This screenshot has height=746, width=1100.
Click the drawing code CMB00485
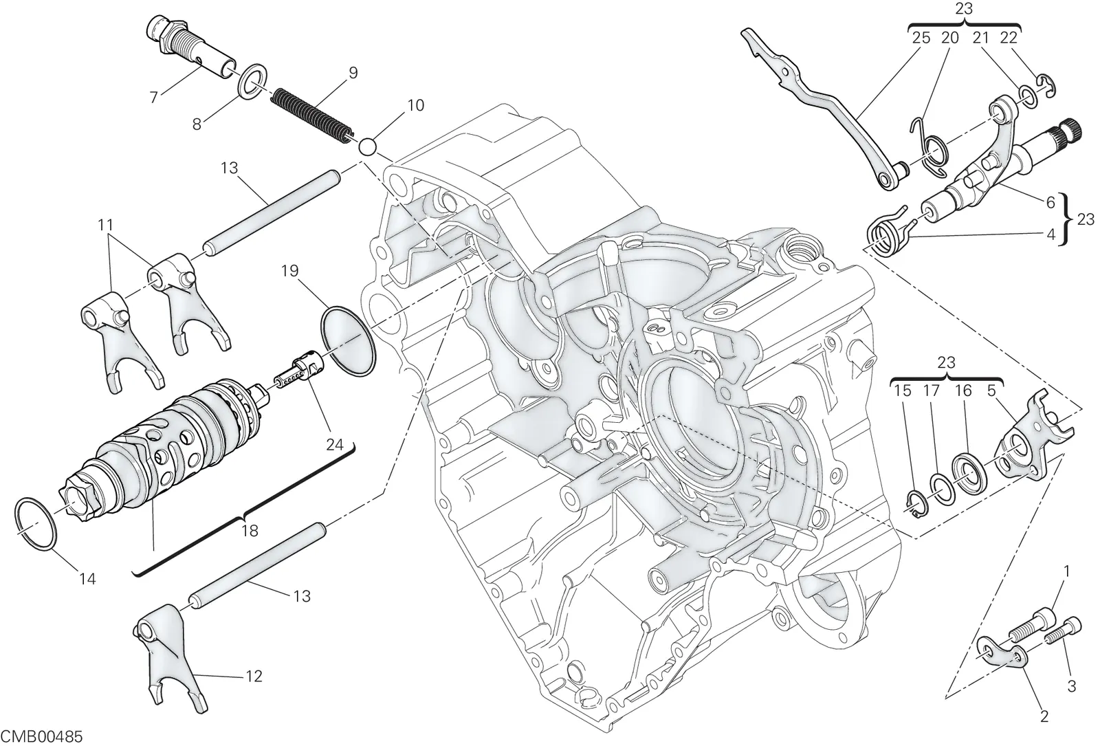click(42, 736)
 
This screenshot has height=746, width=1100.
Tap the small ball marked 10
click(367, 146)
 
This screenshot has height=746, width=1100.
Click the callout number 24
click(334, 445)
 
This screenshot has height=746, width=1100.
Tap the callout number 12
click(254, 677)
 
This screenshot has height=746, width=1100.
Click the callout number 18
click(250, 531)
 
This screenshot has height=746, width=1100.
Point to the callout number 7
click(154, 97)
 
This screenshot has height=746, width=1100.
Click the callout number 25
click(921, 39)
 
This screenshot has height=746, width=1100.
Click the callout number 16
click(963, 391)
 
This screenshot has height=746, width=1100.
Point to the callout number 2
click(1044, 716)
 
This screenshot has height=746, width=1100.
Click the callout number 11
click(106, 225)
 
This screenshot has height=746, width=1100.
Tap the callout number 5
click(991, 391)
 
